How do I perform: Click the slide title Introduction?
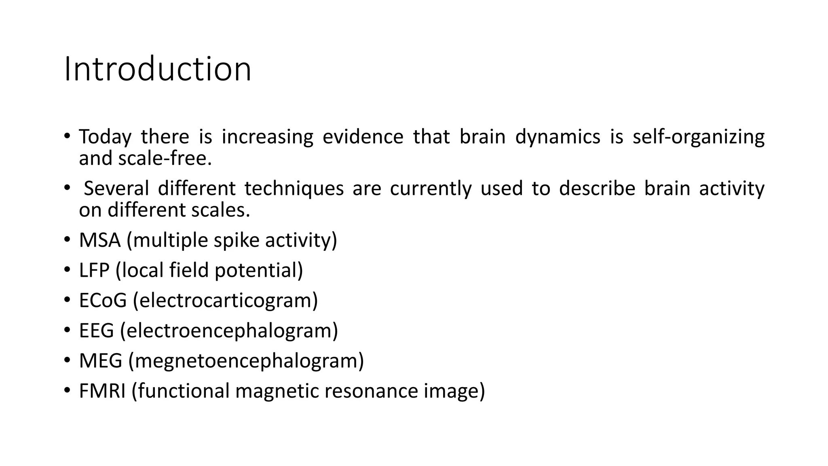[x=158, y=69]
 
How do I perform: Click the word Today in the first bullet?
[x=105, y=137]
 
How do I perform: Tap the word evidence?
[x=363, y=137]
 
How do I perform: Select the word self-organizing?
[x=698, y=137]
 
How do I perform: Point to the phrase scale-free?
[x=165, y=158]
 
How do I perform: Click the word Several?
[x=116, y=189]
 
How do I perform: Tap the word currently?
[x=431, y=189]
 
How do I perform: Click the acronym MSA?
[x=99, y=240]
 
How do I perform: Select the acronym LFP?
[x=94, y=270]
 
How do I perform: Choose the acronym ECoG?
[x=103, y=301]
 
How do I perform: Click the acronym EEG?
[x=96, y=330]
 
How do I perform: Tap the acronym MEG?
[x=100, y=361]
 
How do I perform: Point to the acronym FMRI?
[x=102, y=391]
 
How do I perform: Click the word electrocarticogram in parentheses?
[x=225, y=301]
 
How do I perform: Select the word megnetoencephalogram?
[x=246, y=361]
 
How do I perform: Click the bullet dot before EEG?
[x=67, y=330]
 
